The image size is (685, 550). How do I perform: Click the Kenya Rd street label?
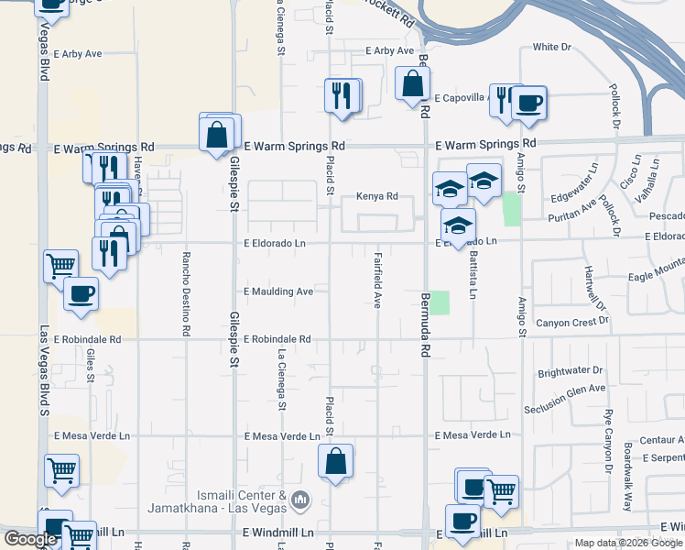point(376,196)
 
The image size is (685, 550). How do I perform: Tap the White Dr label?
point(551,47)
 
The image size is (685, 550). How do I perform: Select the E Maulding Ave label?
point(278,291)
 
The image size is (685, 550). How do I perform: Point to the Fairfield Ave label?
point(376,280)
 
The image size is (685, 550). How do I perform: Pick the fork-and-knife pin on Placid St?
point(341,94)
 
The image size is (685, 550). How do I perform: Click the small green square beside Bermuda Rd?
point(440,302)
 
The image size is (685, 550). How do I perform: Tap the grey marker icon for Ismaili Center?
point(303,500)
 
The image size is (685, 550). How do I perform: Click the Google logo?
point(30,540)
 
